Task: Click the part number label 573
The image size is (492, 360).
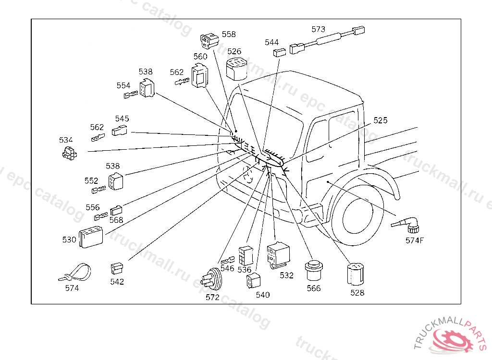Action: coord(318,29)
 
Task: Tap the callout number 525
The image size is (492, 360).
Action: coord(380,120)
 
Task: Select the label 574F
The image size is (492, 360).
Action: coord(414,240)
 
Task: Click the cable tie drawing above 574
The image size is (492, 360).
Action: coord(75,272)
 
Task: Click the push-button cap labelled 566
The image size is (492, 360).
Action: coord(314,271)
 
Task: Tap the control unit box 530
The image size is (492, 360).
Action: coord(91,237)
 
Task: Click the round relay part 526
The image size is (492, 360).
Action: coord(236,68)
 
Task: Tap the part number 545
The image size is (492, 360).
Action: coord(122,119)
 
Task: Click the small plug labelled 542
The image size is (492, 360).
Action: coord(116,267)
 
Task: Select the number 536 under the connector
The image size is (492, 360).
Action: coord(245,270)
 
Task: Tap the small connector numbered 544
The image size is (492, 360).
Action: coord(279,52)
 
